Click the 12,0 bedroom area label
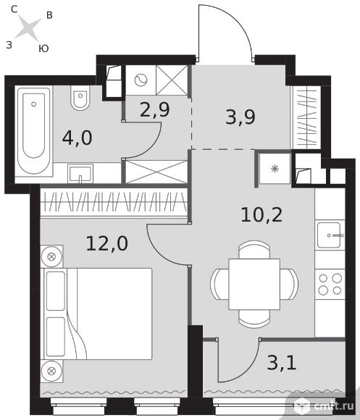point(107,243)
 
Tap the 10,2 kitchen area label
point(261,215)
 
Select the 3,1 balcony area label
point(282,362)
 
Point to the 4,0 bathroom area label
point(77,138)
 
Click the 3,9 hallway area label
point(240,117)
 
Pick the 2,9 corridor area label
point(154,110)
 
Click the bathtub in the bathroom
point(34,131)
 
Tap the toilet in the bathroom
point(80,98)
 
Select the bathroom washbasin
point(80,174)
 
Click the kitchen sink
point(330,235)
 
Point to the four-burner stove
point(330,285)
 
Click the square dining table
point(254,284)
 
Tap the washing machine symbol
point(141,80)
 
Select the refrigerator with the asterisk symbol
point(275,169)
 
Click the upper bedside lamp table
point(51,256)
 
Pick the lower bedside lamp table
point(51,371)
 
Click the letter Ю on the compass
point(43,49)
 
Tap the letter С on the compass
point(14,9)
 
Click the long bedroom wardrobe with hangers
point(114,202)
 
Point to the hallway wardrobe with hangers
point(306,117)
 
